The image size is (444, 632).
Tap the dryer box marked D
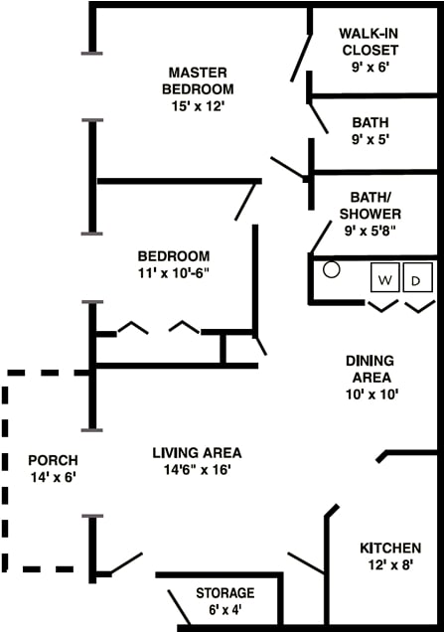(x=417, y=278)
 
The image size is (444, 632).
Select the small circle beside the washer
(x=332, y=269)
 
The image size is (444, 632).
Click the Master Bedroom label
(x=198, y=80)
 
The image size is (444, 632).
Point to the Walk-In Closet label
(x=370, y=41)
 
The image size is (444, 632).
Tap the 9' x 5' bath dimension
(x=370, y=139)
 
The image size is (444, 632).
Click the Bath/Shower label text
(x=370, y=205)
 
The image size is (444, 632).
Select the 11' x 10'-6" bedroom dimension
(x=173, y=271)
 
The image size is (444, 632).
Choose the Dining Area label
(x=370, y=369)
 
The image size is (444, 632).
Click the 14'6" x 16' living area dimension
(x=197, y=470)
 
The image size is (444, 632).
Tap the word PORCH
(x=53, y=460)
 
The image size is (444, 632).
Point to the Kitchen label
(x=389, y=548)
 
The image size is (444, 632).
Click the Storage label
(x=224, y=592)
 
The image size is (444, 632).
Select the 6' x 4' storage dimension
(x=224, y=609)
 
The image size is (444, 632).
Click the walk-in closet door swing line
(x=299, y=59)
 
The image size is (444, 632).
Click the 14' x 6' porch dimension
(x=53, y=477)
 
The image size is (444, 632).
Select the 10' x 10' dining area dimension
(x=370, y=395)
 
